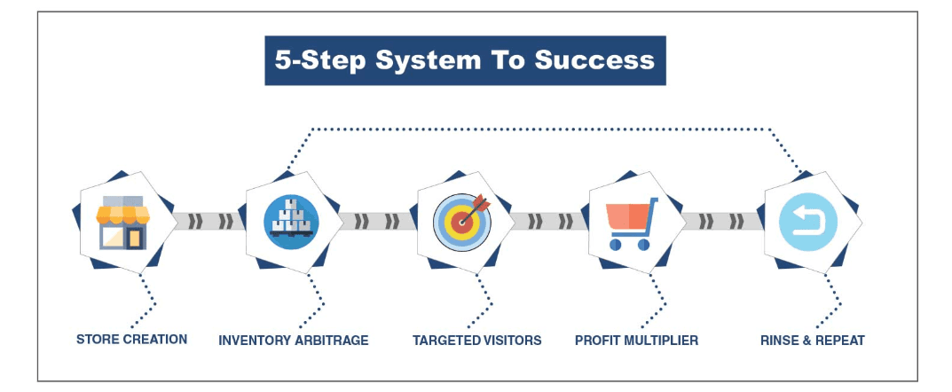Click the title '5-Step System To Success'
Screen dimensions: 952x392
click(x=464, y=60)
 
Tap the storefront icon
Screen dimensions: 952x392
click(x=123, y=222)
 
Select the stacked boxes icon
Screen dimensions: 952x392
click(x=291, y=222)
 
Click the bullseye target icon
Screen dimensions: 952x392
click(x=462, y=222)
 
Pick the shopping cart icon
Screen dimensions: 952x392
click(x=633, y=223)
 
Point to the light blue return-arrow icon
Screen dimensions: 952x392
click(x=808, y=222)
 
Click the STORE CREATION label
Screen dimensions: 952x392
click(x=131, y=339)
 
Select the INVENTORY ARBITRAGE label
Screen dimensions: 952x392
click(x=294, y=340)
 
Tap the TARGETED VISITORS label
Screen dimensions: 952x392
click(x=476, y=340)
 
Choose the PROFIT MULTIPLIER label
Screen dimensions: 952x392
click(x=636, y=340)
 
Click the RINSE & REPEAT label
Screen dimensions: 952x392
click(x=813, y=340)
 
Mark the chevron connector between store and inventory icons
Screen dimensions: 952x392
click(x=210, y=222)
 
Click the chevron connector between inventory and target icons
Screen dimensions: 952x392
click(x=378, y=222)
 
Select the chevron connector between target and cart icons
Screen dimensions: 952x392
click(x=549, y=222)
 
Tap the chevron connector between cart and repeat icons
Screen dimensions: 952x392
click(x=722, y=222)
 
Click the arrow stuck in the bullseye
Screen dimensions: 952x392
click(x=474, y=209)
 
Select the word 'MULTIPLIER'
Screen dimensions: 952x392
click(x=662, y=340)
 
